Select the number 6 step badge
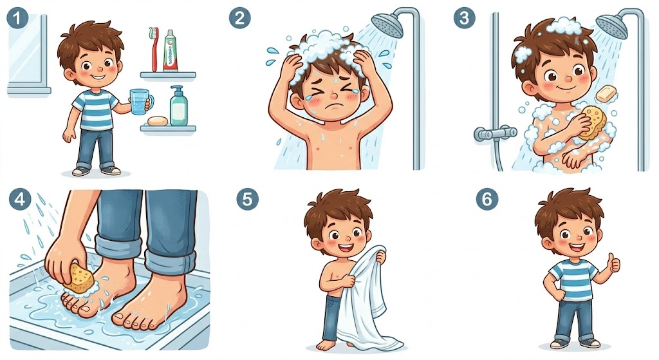pos(487,199)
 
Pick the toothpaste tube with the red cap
pos(171,50)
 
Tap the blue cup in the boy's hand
pos(138,101)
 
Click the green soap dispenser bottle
pos(178,106)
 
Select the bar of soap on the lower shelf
pos(156,120)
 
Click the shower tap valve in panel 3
pos(495,133)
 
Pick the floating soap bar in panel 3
pos(606,93)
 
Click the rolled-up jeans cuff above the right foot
pos(169,261)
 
